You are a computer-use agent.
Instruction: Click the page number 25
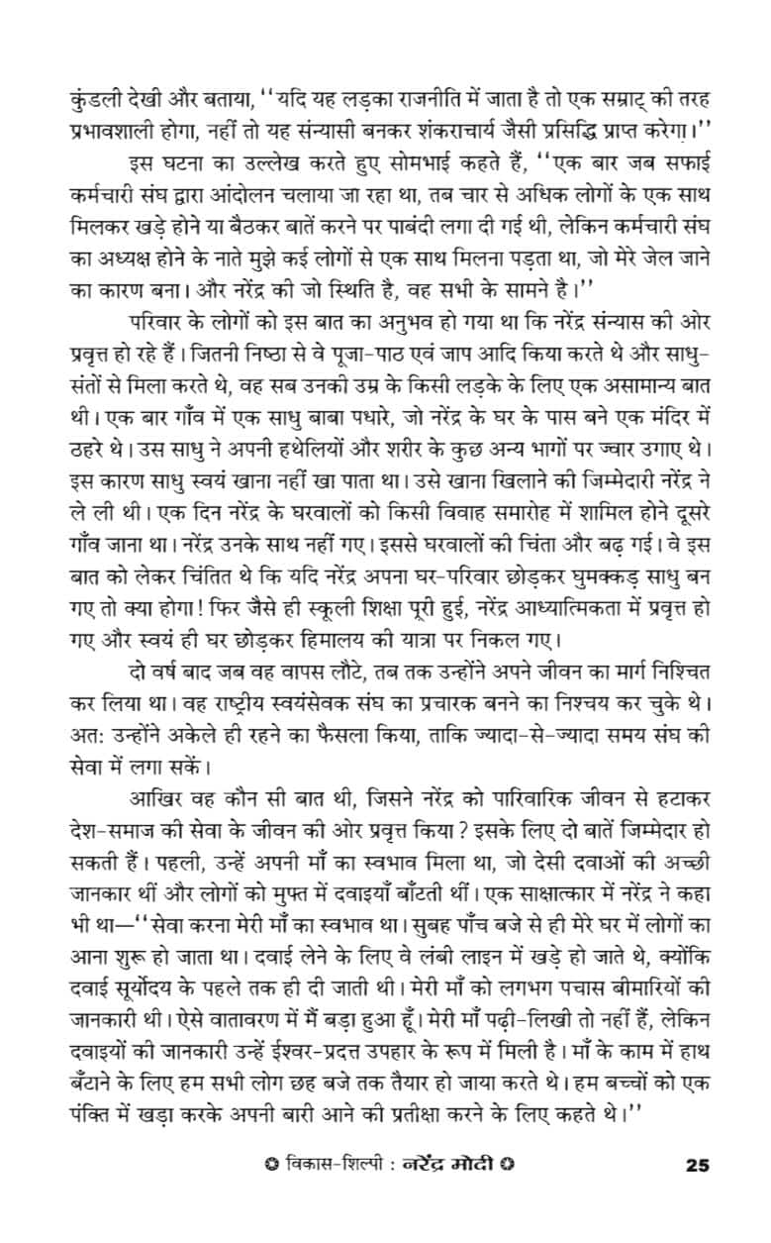[x=697, y=1164]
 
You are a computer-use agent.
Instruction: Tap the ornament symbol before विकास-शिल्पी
[x=257, y=1164]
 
